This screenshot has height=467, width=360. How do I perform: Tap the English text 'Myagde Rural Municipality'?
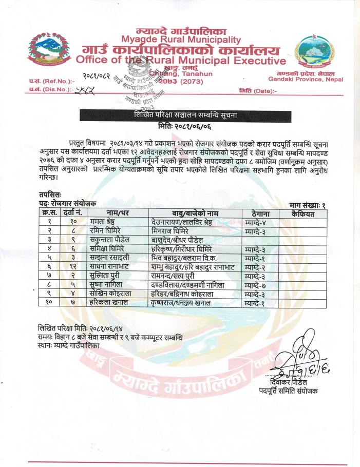point(181,40)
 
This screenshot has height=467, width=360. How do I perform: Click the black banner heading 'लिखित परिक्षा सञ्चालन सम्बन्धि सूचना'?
point(181,115)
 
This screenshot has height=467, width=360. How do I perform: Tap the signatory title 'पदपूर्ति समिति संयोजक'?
point(288,392)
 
